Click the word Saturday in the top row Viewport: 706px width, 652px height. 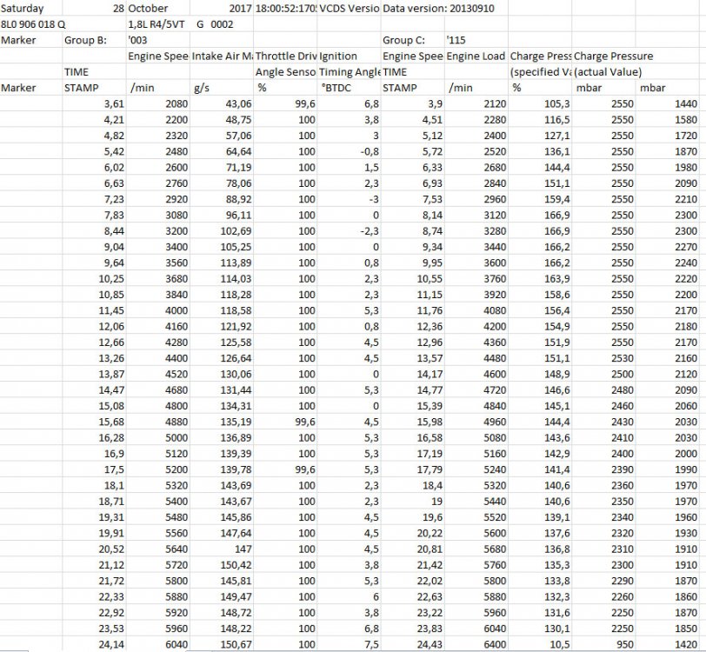coord(23,8)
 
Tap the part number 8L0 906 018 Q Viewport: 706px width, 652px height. coord(33,23)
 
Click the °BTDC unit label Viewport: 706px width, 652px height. coord(334,88)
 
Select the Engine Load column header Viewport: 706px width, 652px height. coord(476,56)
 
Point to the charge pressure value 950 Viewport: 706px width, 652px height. coord(619,643)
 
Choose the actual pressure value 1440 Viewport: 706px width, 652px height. coord(684,103)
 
